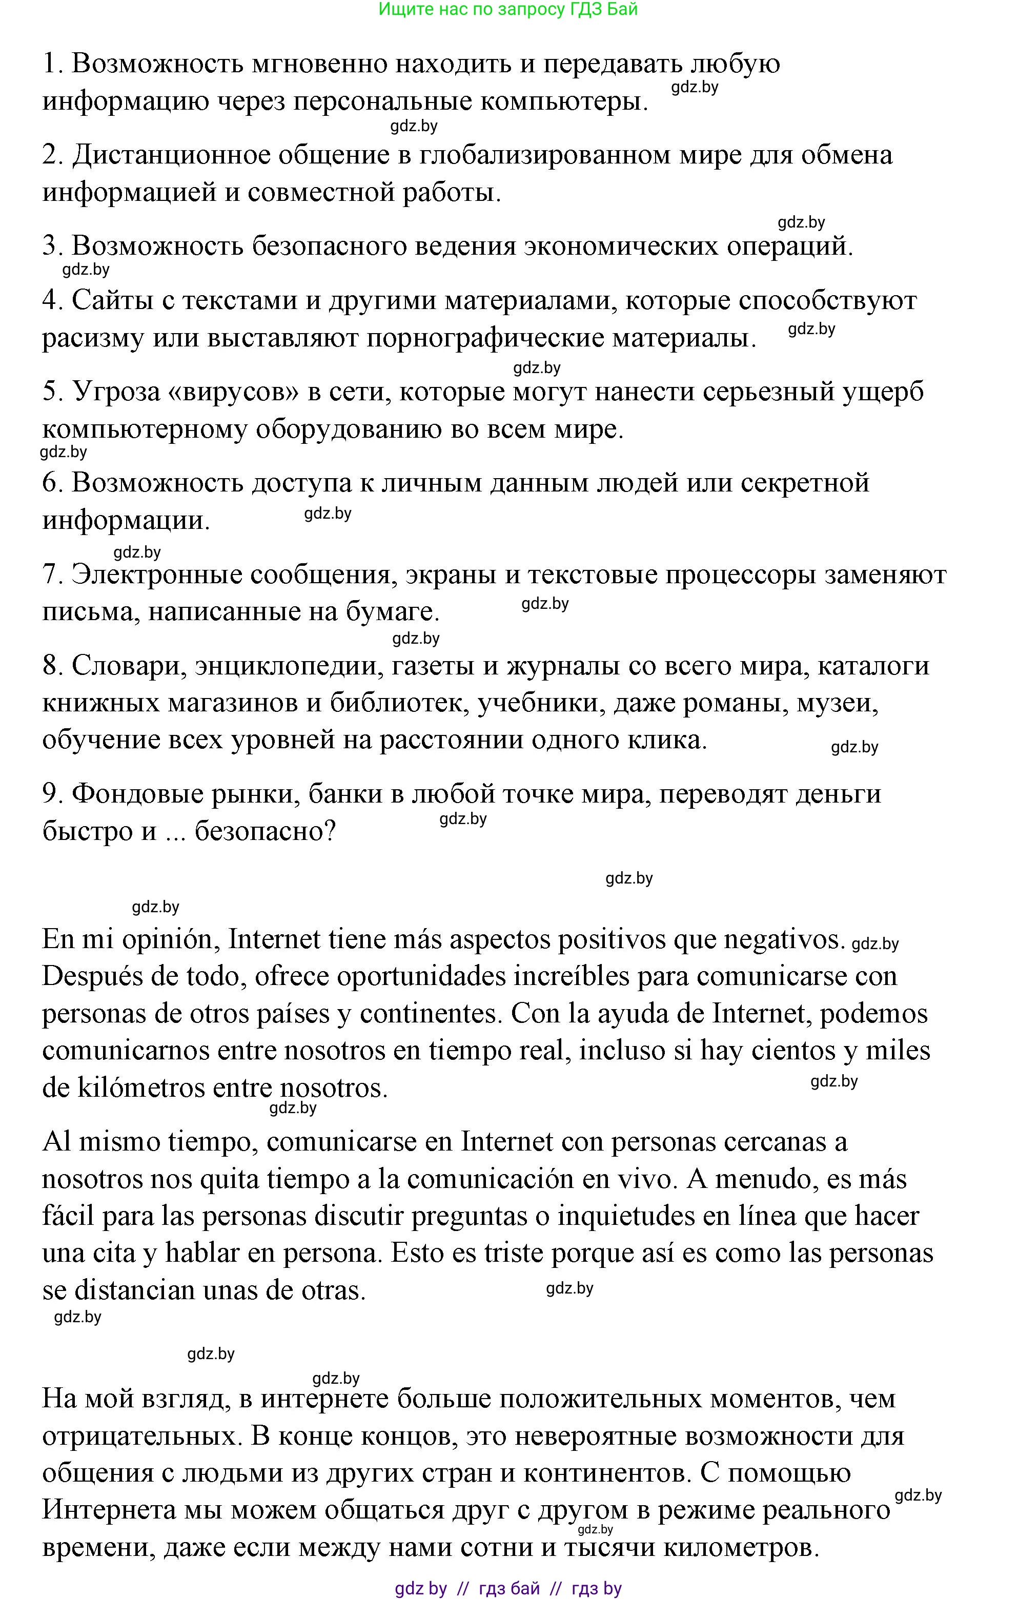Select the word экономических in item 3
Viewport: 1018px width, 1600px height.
(621, 246)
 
